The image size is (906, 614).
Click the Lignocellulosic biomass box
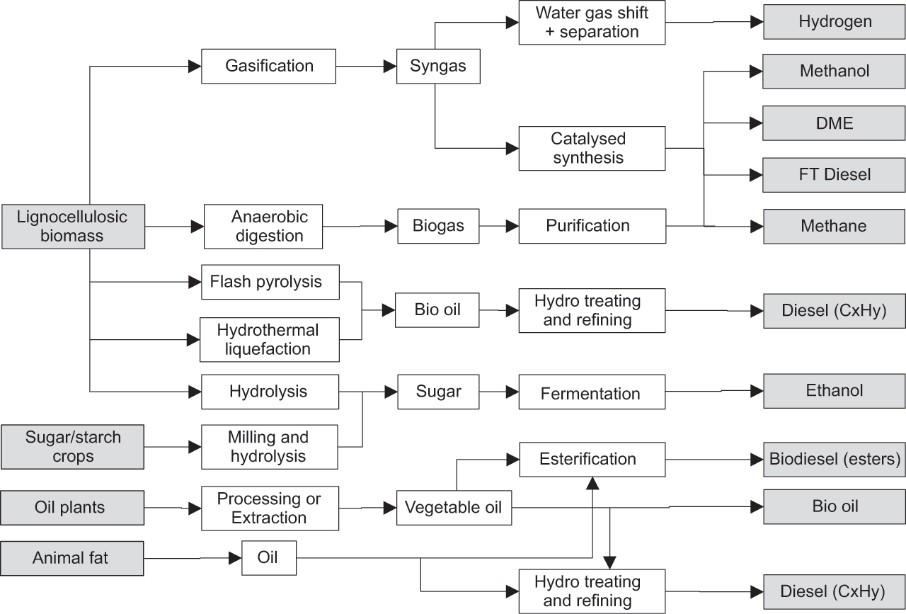[73, 226]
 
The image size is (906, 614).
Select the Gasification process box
[268, 67]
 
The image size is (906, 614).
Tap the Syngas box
[438, 67]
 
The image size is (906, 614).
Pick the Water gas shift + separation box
[592, 23]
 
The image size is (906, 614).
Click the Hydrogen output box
[835, 22]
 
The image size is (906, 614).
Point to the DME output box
[834, 123]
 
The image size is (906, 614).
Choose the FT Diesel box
[834, 175]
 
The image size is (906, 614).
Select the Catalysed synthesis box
[592, 148]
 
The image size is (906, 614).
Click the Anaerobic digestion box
[263, 226]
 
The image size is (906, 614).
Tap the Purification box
[592, 226]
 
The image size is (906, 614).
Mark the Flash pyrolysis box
[270, 282]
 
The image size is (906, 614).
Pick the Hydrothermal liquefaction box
[270, 340]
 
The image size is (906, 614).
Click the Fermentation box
[592, 392]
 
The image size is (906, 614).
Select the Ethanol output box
[835, 391]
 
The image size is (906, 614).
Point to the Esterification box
[592, 460]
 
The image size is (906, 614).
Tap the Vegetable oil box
[454, 508]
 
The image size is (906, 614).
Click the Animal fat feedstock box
[72, 559]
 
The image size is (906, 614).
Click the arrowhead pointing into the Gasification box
[195, 67]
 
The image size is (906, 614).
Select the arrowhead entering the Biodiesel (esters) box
[757, 460]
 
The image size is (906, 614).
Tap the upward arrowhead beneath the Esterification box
[592, 483]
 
